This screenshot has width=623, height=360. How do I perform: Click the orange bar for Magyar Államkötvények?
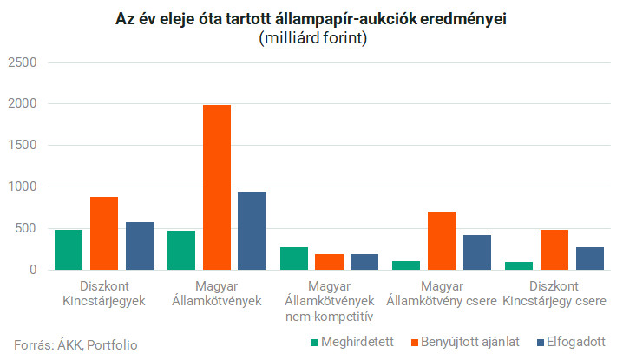(x=216, y=187)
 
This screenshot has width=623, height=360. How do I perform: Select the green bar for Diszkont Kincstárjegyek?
(x=69, y=250)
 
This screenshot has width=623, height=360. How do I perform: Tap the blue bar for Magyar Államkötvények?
(x=252, y=231)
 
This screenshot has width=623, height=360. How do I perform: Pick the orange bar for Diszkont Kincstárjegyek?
(x=104, y=233)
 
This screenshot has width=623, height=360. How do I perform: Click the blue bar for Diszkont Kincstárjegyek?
(x=139, y=245)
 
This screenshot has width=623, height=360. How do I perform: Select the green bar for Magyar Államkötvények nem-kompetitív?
(x=294, y=259)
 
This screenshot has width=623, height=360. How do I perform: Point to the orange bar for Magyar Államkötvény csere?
(x=442, y=240)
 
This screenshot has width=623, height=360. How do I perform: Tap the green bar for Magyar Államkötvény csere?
(x=406, y=265)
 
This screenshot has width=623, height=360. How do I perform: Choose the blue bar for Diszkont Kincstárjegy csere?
(x=589, y=258)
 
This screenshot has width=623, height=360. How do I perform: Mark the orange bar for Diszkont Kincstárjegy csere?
(x=554, y=250)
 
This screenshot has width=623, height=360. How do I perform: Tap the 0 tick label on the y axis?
(x=32, y=270)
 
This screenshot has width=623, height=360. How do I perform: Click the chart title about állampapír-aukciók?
(x=311, y=20)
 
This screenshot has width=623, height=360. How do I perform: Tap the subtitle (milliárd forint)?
(x=311, y=38)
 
